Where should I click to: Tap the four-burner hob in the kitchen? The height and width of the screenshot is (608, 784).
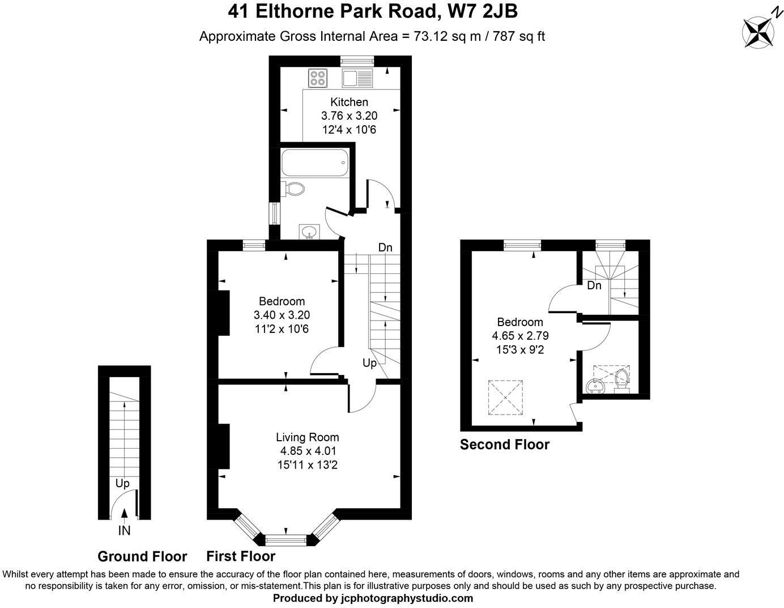click(317, 77)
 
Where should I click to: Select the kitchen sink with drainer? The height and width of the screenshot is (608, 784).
click(357, 77)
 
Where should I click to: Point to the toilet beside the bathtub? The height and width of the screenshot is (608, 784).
click(293, 188)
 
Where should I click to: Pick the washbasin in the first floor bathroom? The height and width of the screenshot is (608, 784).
click(309, 232)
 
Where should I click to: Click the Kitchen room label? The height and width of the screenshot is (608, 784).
click(349, 102)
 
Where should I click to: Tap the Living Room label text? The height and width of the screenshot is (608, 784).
click(307, 437)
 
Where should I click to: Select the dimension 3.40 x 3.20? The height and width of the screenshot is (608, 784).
click(282, 315)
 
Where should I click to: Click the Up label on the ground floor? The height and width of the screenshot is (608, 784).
click(122, 483)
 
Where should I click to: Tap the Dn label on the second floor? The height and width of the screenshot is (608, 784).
click(594, 285)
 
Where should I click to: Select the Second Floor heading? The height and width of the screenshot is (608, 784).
click(504, 445)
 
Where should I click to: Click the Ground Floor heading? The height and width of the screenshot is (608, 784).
click(142, 556)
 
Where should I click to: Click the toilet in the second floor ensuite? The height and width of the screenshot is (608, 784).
click(621, 380)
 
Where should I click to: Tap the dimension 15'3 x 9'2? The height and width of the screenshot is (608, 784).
click(519, 350)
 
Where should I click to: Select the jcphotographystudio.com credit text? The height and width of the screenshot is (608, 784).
click(408, 598)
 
